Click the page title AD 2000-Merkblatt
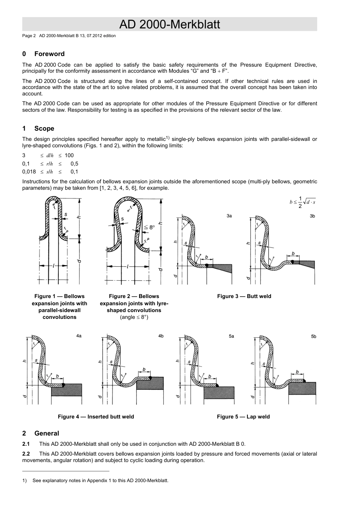click(169, 25)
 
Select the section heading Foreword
click(49, 54)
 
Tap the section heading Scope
click(44, 128)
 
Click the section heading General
click(47, 433)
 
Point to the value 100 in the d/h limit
click(69, 155)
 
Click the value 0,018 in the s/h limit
click(29, 172)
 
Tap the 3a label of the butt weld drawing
click(229, 215)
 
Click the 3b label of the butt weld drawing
click(312, 215)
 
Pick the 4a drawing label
click(79, 336)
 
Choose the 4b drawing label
click(161, 336)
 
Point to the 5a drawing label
click(231, 336)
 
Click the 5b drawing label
click(313, 336)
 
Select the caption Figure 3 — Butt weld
click(244, 296)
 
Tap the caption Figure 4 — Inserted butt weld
click(96, 417)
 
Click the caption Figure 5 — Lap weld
click(243, 417)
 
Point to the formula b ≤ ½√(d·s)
click(302, 202)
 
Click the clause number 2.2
click(26, 454)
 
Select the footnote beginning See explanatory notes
click(100, 481)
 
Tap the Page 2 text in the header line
click(29, 36)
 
